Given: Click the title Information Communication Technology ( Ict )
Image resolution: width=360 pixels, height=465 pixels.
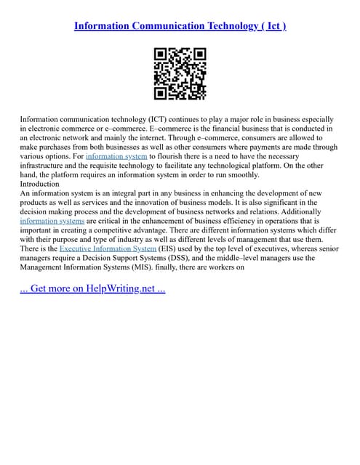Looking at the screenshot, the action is pyautogui.click(x=180, y=26).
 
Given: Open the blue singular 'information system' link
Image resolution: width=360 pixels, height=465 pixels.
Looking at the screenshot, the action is pyautogui.click(x=116, y=156).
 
